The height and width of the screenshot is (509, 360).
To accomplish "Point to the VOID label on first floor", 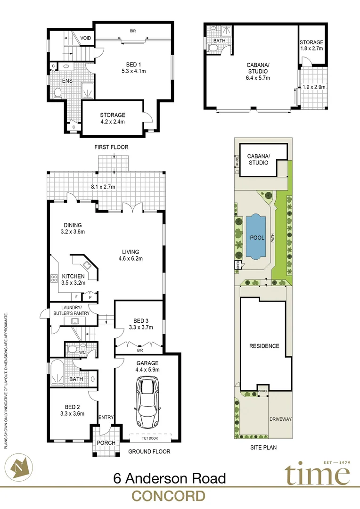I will click(85, 38).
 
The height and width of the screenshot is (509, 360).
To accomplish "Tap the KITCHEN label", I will click(73, 276).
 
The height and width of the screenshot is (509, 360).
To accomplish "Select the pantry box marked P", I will click(90, 297).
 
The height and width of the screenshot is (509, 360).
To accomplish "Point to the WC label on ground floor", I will click(82, 352).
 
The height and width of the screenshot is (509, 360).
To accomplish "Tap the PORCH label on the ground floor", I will click(106, 443).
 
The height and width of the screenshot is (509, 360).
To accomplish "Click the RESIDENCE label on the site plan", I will click(264, 346).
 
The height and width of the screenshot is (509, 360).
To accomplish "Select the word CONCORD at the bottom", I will click(168, 496).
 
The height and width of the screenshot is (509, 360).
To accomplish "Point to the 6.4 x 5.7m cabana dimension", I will click(258, 78).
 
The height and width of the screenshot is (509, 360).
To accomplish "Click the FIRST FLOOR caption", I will click(111, 147).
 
